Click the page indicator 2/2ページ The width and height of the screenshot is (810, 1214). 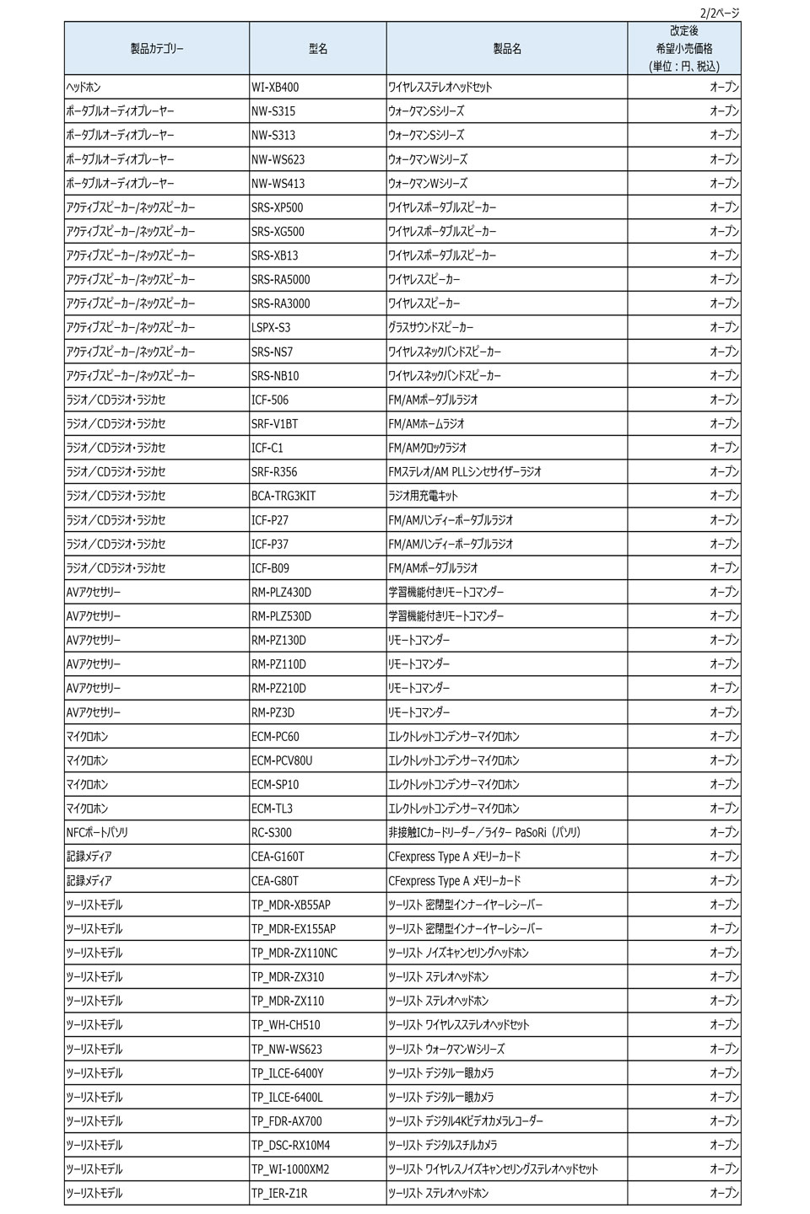point(719,12)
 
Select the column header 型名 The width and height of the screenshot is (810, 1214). point(318,49)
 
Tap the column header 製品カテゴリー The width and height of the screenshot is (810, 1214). point(157,49)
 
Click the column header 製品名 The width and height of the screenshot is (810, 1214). point(507,49)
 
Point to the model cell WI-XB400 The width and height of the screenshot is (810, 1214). point(275,87)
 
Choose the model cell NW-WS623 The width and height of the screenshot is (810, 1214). point(278,159)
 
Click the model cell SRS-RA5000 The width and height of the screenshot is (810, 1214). point(281,279)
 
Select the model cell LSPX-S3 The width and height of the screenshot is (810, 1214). point(271,327)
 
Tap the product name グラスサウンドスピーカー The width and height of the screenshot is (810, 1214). point(431,327)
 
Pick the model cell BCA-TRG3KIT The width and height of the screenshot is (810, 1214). point(283,496)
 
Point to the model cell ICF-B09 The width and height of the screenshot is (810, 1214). point(270,568)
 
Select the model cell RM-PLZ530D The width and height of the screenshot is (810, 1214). point(281,616)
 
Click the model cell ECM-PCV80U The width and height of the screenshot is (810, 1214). point(282,760)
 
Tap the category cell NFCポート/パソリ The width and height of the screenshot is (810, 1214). point(97,832)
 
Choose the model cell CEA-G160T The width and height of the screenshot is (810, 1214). point(278,857)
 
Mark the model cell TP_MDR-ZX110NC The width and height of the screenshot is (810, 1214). point(294,953)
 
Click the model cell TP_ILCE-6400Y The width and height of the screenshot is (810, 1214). point(287,1073)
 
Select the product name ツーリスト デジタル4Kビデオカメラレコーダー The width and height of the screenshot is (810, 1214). point(466,1121)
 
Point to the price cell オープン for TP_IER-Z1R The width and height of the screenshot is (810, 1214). point(724,1193)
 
